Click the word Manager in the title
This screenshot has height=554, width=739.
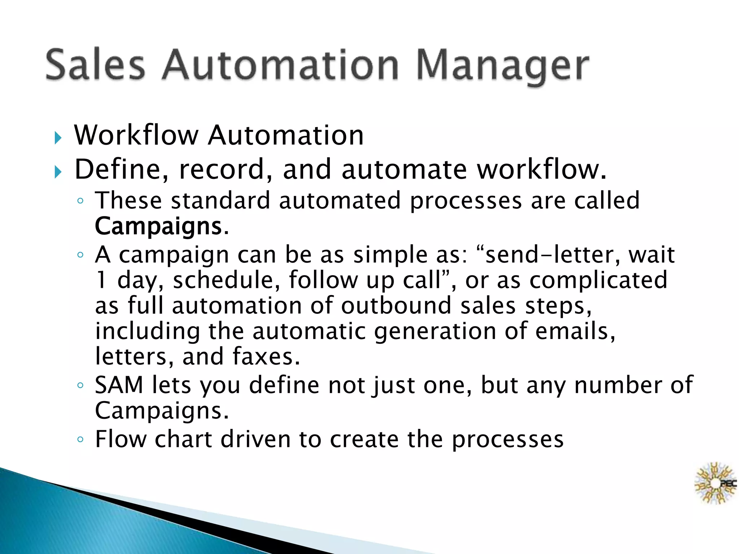(502, 66)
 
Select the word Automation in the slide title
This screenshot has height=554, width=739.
(280, 65)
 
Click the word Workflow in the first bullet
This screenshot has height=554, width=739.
(136, 135)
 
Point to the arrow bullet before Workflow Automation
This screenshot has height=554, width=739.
(58, 138)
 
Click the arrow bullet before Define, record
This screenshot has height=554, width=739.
(58, 172)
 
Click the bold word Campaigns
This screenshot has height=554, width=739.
(158, 227)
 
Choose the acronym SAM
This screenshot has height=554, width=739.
(119, 385)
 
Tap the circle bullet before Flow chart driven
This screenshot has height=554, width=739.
(80, 440)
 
